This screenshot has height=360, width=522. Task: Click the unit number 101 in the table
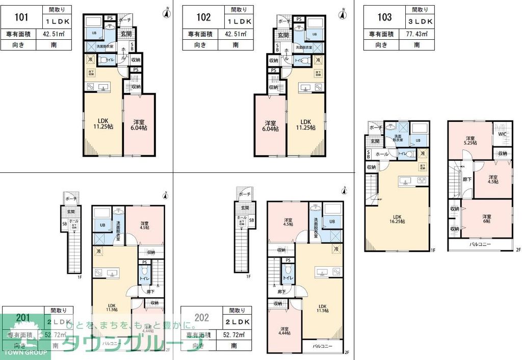[21, 17]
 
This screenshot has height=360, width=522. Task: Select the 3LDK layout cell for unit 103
[420, 21]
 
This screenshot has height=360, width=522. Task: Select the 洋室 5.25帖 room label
[469, 141]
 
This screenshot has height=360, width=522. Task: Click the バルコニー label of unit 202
[322, 346]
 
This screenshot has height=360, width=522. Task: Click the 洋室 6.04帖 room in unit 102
[271, 126]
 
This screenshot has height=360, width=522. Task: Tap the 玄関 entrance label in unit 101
[125, 34]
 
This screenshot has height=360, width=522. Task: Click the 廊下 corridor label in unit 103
[467, 179]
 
